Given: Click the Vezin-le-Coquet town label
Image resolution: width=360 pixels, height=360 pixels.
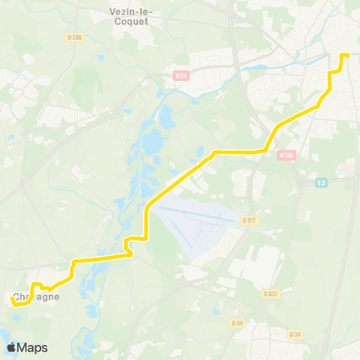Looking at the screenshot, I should pos(128,16).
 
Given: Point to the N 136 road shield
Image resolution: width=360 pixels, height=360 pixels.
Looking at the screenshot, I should pos(284,155).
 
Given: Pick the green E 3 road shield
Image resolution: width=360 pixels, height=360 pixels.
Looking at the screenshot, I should pos(322,182).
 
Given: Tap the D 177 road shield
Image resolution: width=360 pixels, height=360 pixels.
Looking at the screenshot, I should pos(249,220).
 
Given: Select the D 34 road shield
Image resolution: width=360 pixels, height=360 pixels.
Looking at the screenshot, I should pos(295,334).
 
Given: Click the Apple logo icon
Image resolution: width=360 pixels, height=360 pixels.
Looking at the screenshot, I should pos(11,347).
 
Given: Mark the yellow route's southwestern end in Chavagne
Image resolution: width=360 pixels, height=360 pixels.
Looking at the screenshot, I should pos(12,298).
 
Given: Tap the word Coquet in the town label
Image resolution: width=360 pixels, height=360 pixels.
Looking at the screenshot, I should pos(128,22).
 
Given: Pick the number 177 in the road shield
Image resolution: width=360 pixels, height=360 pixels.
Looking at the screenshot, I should pos(251,220).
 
